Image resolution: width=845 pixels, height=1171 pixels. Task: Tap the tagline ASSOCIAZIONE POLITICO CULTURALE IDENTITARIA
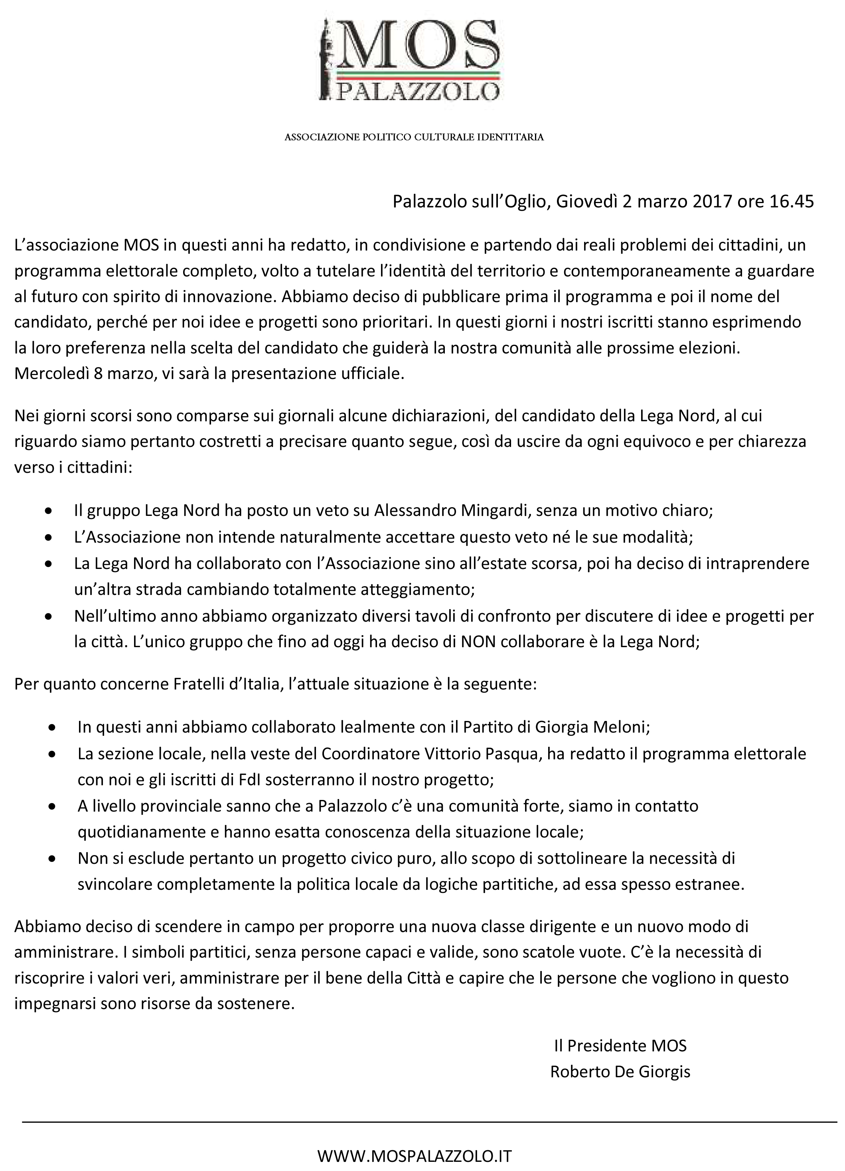[414, 137]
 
